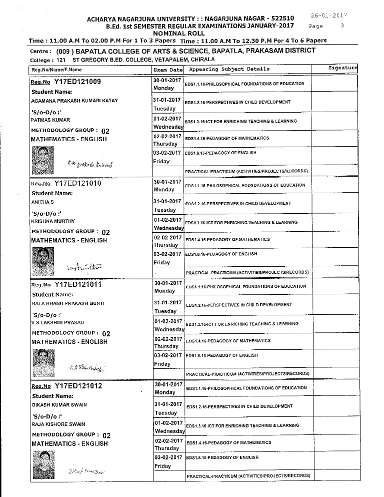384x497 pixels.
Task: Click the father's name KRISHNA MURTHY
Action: [53, 221]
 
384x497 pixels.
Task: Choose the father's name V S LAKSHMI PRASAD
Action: [57, 323]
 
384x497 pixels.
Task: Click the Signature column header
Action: [342, 68]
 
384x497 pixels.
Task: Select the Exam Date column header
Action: [168, 70]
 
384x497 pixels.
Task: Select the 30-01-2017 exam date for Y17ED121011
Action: [168, 283]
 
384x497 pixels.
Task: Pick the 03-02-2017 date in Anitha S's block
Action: [168, 254]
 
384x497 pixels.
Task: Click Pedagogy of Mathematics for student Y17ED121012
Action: [228, 442]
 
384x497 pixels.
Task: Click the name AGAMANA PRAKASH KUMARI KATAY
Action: [74, 101]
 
